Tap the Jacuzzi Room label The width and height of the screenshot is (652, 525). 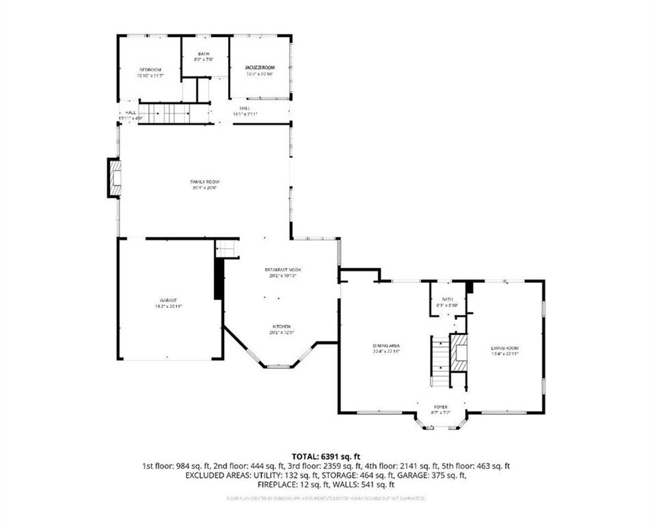click(x=260, y=68)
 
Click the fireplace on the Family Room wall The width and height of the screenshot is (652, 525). click(x=114, y=178)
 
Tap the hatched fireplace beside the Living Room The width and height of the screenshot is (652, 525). click(x=460, y=351)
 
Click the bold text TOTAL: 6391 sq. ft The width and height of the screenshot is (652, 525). click(x=326, y=456)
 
